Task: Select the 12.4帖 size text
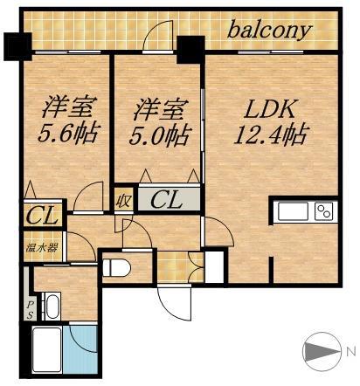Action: pyautogui.click(x=272, y=134)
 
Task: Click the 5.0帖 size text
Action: pyautogui.click(x=160, y=135)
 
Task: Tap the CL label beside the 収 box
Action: pyautogui.click(x=167, y=200)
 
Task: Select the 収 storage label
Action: pyautogui.click(x=123, y=200)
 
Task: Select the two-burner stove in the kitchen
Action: pyautogui.click(x=323, y=212)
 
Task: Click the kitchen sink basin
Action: pyautogui.click(x=292, y=212)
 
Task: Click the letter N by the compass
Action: pyautogui.click(x=350, y=352)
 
